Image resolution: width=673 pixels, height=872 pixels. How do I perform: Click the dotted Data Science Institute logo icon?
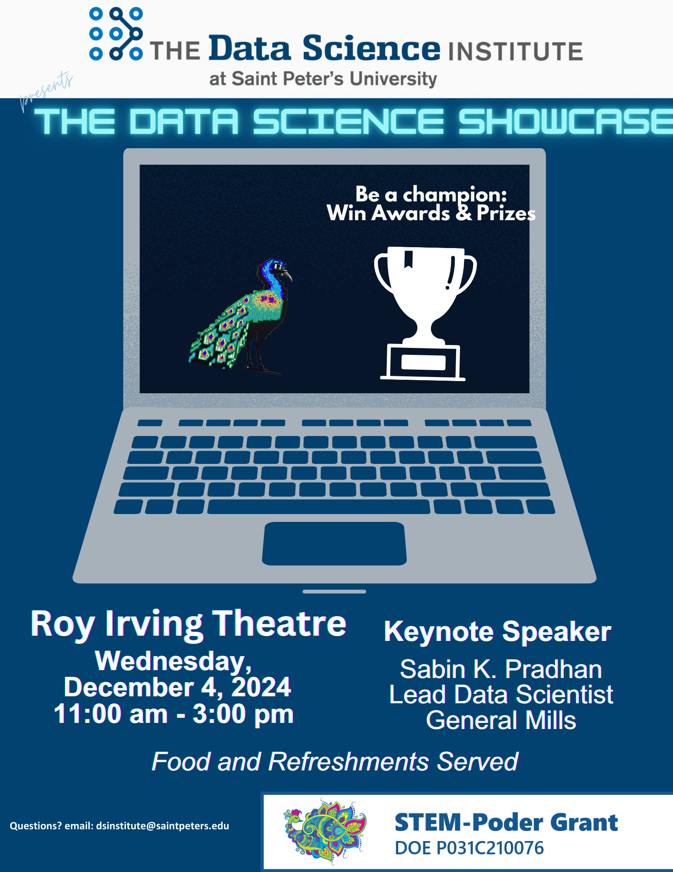(x=116, y=34)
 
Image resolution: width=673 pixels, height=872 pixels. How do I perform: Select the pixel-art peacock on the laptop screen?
(x=240, y=317)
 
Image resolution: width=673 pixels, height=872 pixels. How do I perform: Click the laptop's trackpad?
(x=334, y=543)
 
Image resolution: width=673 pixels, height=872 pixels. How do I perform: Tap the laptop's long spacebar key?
(x=318, y=507)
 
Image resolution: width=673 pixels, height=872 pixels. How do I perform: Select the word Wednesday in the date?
(x=173, y=661)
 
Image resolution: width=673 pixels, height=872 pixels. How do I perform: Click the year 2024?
(x=261, y=687)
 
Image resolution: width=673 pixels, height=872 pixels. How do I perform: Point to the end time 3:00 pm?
(x=243, y=715)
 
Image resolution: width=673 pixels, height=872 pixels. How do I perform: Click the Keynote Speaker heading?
(x=497, y=632)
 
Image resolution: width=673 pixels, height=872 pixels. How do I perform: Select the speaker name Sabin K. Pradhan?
(x=501, y=669)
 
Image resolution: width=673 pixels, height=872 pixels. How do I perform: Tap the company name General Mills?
(x=501, y=720)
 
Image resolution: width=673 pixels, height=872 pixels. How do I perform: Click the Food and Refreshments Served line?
(x=335, y=762)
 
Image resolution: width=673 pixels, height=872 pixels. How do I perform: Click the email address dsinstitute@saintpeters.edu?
(x=162, y=826)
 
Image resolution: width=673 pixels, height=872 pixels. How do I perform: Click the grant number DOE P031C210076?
(x=469, y=848)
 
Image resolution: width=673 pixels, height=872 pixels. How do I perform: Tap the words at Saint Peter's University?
(x=323, y=79)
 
